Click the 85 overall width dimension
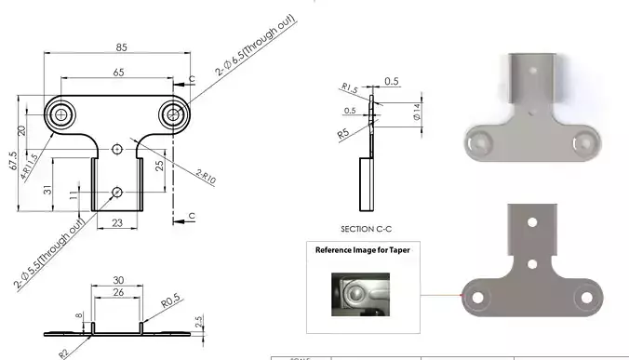point(122,46)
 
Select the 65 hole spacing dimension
point(118,73)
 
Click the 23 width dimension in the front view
point(117,222)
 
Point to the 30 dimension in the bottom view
point(118,280)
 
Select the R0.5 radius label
point(169,302)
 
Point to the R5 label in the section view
point(345,134)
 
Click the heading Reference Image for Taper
point(362,250)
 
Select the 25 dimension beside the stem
point(159,165)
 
